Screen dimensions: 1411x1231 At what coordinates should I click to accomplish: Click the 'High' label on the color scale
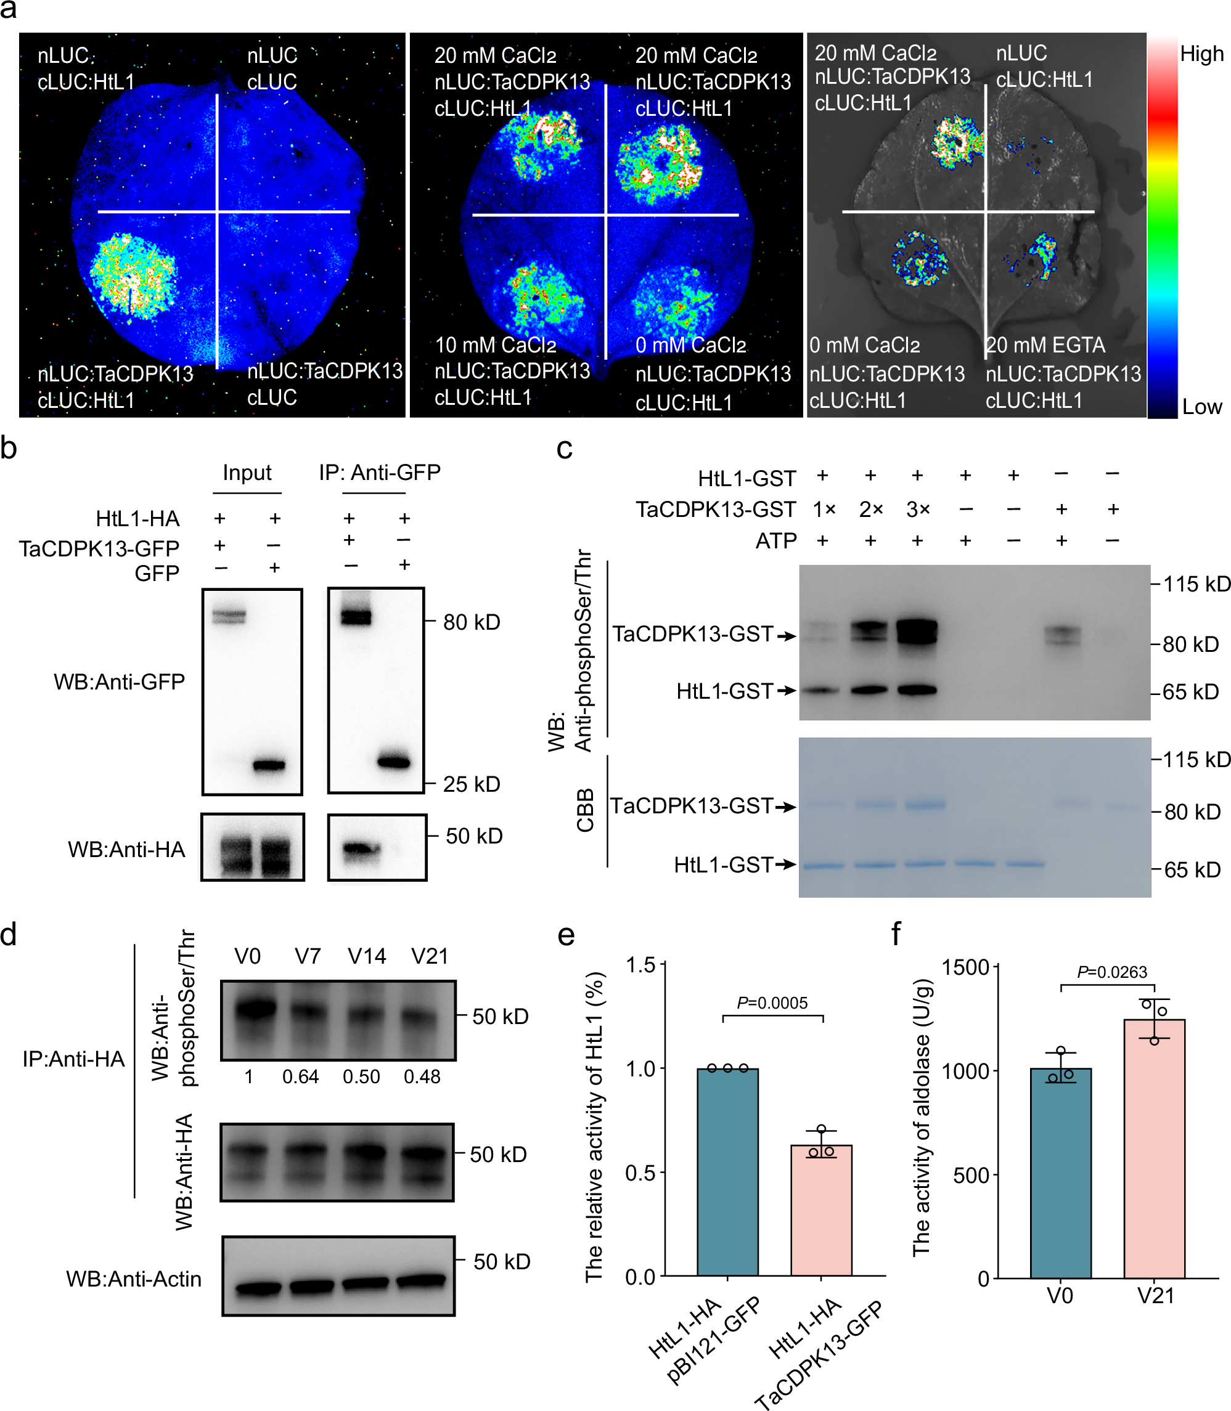tap(1201, 54)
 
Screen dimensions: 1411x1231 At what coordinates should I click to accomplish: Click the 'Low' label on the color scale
tap(1201, 407)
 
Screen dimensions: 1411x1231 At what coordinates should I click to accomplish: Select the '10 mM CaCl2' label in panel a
tap(495, 344)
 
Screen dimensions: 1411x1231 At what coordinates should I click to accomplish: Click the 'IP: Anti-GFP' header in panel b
tap(379, 473)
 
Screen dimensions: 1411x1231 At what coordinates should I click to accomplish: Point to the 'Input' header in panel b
tap(247, 473)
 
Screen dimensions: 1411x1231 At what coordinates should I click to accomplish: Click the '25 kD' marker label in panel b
tap(471, 783)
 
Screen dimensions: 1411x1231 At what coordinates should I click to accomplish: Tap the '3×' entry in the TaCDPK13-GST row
tap(918, 510)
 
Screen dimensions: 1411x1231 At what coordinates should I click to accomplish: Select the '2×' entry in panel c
tap(870, 510)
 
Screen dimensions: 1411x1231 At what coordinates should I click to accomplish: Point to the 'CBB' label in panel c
tap(585, 810)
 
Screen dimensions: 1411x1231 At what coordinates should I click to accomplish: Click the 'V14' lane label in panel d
tap(367, 956)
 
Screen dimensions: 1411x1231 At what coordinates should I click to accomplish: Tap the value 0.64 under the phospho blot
tap(300, 1076)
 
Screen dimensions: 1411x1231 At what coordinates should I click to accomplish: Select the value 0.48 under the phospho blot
tap(422, 1076)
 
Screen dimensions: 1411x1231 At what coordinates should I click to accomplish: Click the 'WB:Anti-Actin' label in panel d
tap(134, 1279)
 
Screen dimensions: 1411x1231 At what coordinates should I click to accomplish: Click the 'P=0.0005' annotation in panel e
tap(772, 1002)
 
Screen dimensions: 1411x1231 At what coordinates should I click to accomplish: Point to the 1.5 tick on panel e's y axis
tap(640, 966)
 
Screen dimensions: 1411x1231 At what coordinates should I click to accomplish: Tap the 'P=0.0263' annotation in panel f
tap(1111, 972)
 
